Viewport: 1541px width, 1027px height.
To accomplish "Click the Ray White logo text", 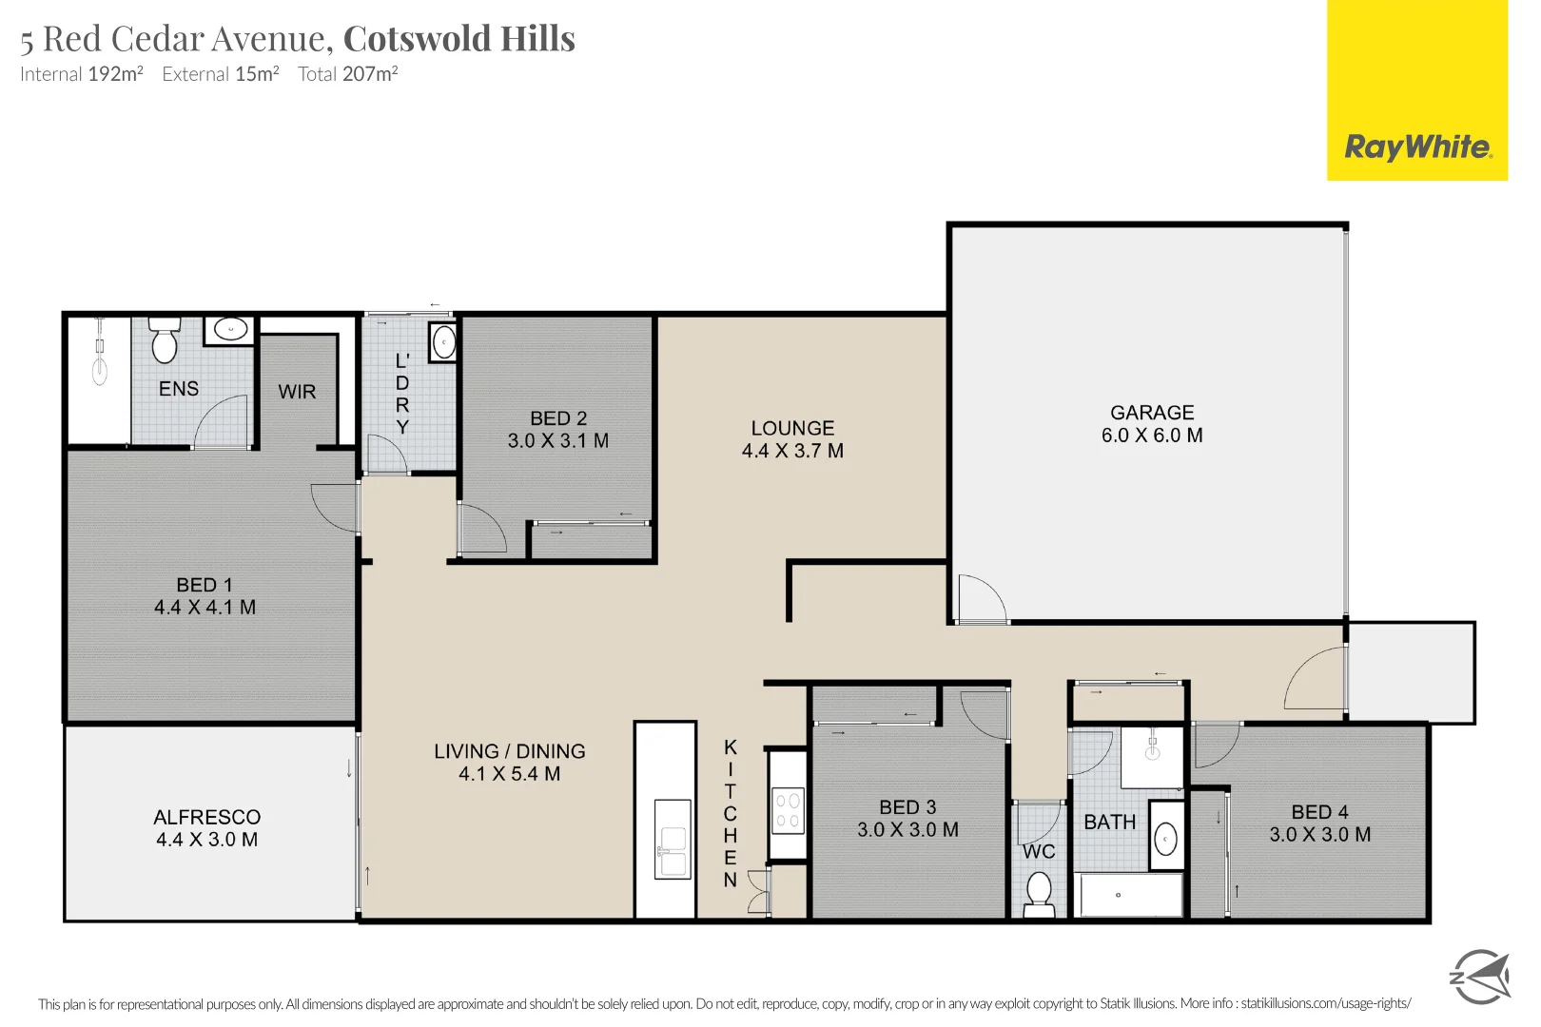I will (x=1416, y=147).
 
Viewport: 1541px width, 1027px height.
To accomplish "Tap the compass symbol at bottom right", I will (x=1480, y=976).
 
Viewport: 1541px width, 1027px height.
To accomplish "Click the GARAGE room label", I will (x=1152, y=413).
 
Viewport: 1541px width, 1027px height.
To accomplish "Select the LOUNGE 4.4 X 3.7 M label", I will (x=792, y=439).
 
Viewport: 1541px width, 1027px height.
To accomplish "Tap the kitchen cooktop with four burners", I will (x=788, y=810).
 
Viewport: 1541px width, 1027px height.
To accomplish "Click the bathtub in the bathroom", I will (x=1130, y=895).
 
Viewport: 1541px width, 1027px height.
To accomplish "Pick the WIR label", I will (x=297, y=392).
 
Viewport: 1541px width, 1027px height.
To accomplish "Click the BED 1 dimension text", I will (x=205, y=608).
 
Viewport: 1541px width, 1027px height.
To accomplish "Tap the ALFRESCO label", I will (x=206, y=817).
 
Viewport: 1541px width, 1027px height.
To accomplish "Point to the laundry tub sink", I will (x=443, y=341).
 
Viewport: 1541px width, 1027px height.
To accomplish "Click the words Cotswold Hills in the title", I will (x=458, y=39).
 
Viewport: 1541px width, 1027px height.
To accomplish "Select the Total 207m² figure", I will (x=348, y=74).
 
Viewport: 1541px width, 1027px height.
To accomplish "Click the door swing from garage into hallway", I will (x=981, y=599).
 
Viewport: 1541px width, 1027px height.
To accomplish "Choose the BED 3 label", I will (x=907, y=807).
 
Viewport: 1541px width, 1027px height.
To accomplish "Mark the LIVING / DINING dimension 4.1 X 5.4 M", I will (x=510, y=774).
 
